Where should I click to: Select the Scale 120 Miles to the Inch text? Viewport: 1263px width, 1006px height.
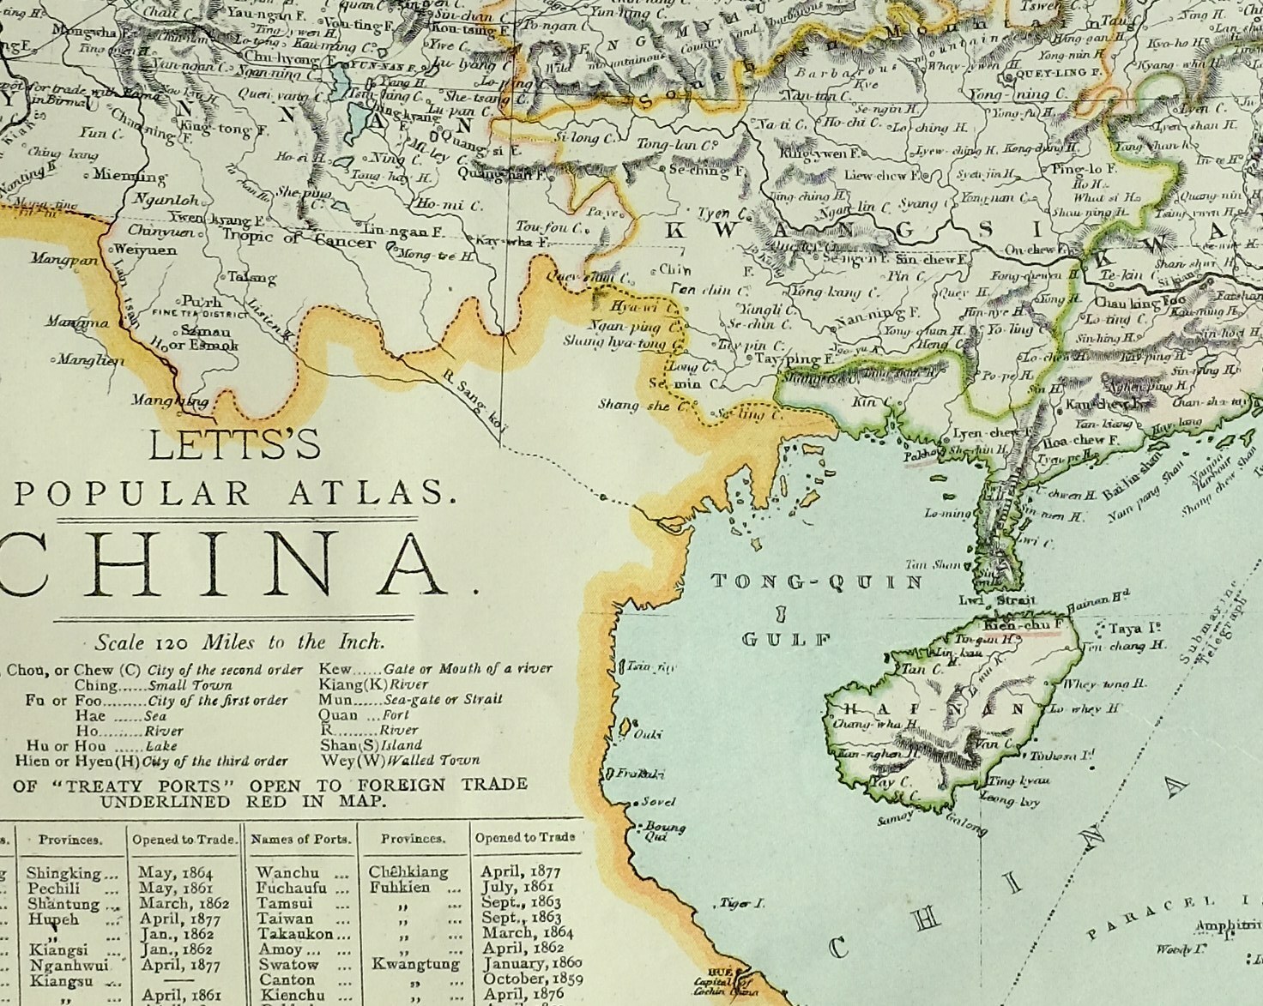pos(240,642)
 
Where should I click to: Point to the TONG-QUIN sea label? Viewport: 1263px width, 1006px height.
pos(817,582)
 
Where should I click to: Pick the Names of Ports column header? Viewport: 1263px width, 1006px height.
pos(300,839)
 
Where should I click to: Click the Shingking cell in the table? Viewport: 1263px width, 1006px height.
pos(63,873)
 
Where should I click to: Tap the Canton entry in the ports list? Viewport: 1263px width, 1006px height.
pos(287,979)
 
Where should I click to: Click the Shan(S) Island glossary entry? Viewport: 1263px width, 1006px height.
pos(371,745)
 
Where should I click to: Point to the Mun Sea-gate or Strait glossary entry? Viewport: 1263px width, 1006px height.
pos(410,699)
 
